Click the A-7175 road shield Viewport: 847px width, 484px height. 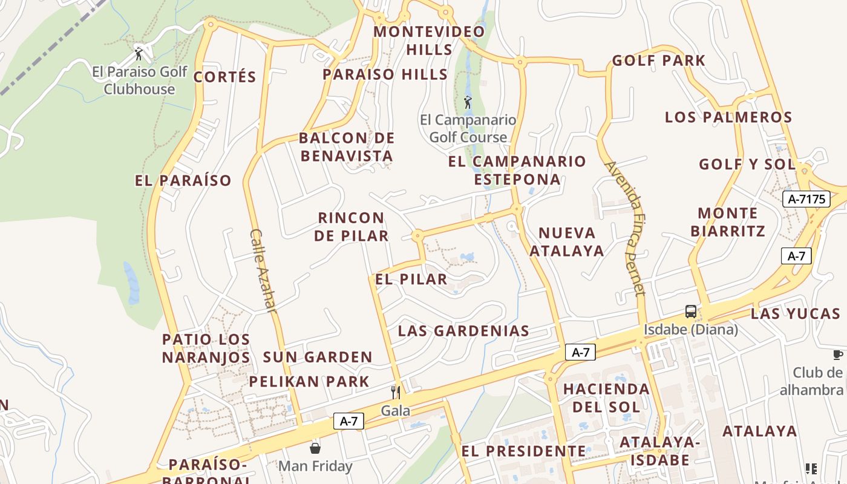click(x=806, y=199)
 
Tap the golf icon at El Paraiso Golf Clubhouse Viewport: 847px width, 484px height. click(x=139, y=54)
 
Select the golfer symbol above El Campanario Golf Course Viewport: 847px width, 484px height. click(x=467, y=102)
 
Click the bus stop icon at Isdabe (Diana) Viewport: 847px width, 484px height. click(x=690, y=312)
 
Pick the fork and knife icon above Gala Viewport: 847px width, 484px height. click(x=395, y=392)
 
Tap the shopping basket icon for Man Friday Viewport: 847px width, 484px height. click(x=315, y=448)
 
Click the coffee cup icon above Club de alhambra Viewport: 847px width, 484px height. click(x=837, y=355)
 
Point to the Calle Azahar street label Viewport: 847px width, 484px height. click(x=263, y=270)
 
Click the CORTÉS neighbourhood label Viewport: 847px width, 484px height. click(x=225, y=77)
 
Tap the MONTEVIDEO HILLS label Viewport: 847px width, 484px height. click(x=430, y=41)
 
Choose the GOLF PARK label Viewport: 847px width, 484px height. click(x=659, y=60)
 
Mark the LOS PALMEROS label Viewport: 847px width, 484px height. click(x=728, y=117)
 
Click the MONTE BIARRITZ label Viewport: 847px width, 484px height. click(x=728, y=222)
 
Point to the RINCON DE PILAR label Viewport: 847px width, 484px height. click(x=352, y=227)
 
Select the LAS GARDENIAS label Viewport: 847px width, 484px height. click(x=463, y=331)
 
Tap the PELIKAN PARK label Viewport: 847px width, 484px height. click(x=309, y=382)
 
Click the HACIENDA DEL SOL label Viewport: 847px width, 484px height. click(x=606, y=397)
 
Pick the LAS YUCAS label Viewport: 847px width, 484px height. click(x=796, y=313)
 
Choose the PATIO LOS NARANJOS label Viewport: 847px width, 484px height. click(x=206, y=348)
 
